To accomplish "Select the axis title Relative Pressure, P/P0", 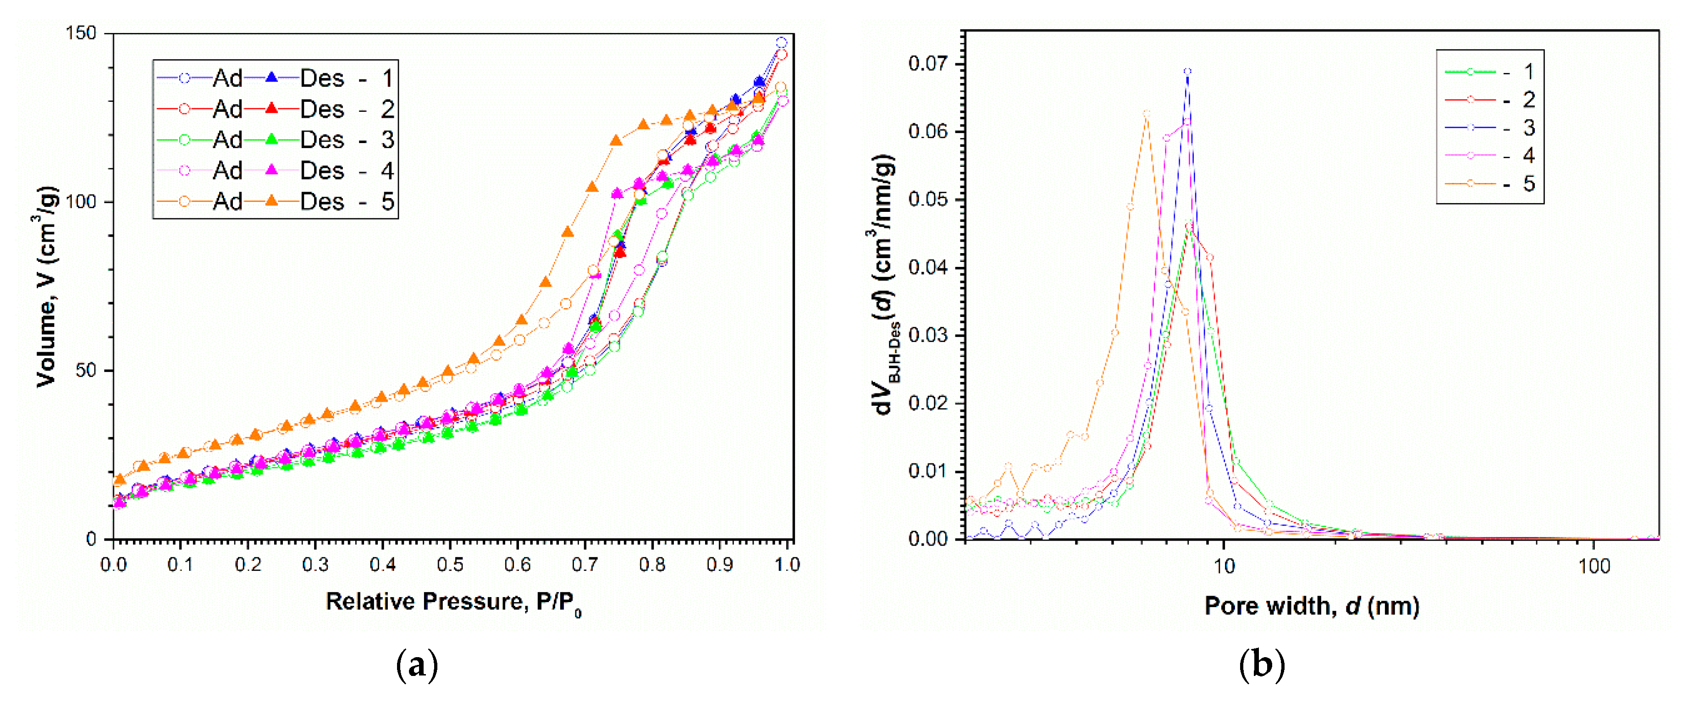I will [x=453, y=602].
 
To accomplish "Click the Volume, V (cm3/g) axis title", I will [x=46, y=286].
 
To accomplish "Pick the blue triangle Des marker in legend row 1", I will [x=271, y=78].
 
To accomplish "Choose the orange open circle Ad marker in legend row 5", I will [x=184, y=201].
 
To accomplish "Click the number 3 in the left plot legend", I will [x=387, y=139].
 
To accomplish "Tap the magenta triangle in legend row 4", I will [x=271, y=170].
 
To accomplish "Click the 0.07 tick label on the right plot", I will [x=927, y=64].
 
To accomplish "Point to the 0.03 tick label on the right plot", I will [x=927, y=335].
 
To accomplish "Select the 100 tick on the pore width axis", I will [x=1594, y=565].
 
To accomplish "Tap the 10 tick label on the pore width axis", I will [x=1224, y=565].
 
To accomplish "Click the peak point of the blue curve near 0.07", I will [x=1187, y=72].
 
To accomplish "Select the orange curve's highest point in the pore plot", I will [x=1146, y=113].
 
